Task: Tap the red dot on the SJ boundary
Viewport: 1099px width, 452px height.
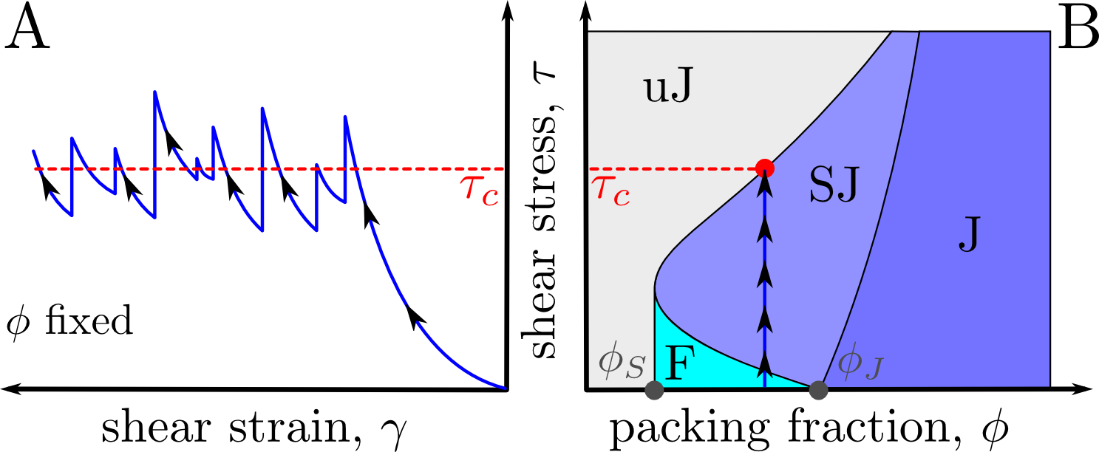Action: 765,168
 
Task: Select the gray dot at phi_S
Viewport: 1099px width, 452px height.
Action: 653,390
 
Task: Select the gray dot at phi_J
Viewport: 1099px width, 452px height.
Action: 817,390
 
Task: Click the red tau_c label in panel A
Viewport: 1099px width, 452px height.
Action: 480,190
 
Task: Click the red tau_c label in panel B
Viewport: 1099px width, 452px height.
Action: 611,190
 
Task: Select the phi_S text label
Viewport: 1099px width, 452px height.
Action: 622,365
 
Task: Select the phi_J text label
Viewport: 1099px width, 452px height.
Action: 859,365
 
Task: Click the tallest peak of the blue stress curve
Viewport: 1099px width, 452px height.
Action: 154,92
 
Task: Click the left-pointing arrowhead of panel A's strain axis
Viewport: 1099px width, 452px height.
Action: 7,388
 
